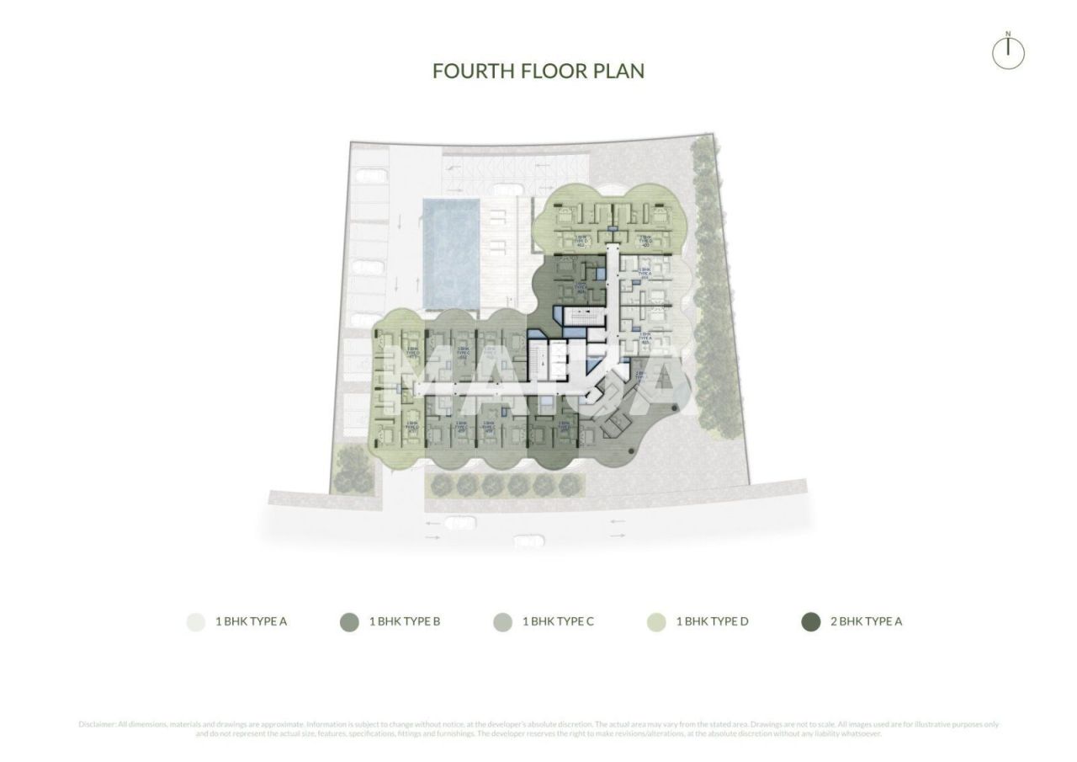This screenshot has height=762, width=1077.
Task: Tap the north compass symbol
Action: tap(1008, 51)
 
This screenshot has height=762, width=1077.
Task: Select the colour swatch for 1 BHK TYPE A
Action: tap(195, 622)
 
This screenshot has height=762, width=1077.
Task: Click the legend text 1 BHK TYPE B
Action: tap(405, 622)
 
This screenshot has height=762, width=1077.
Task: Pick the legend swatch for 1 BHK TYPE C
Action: tap(502, 622)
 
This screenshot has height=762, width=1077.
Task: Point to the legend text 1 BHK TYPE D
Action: tap(712, 622)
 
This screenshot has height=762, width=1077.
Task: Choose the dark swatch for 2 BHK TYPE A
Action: tap(811, 622)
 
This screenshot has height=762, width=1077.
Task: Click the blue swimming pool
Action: tap(452, 253)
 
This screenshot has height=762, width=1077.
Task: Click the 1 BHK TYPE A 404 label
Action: tap(645, 273)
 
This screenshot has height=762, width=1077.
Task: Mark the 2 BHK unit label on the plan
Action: tap(639, 376)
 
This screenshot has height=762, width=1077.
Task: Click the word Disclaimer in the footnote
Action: tap(97, 724)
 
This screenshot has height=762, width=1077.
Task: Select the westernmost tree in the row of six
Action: tap(442, 485)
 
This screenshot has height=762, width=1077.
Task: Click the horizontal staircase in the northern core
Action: tap(581, 317)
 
